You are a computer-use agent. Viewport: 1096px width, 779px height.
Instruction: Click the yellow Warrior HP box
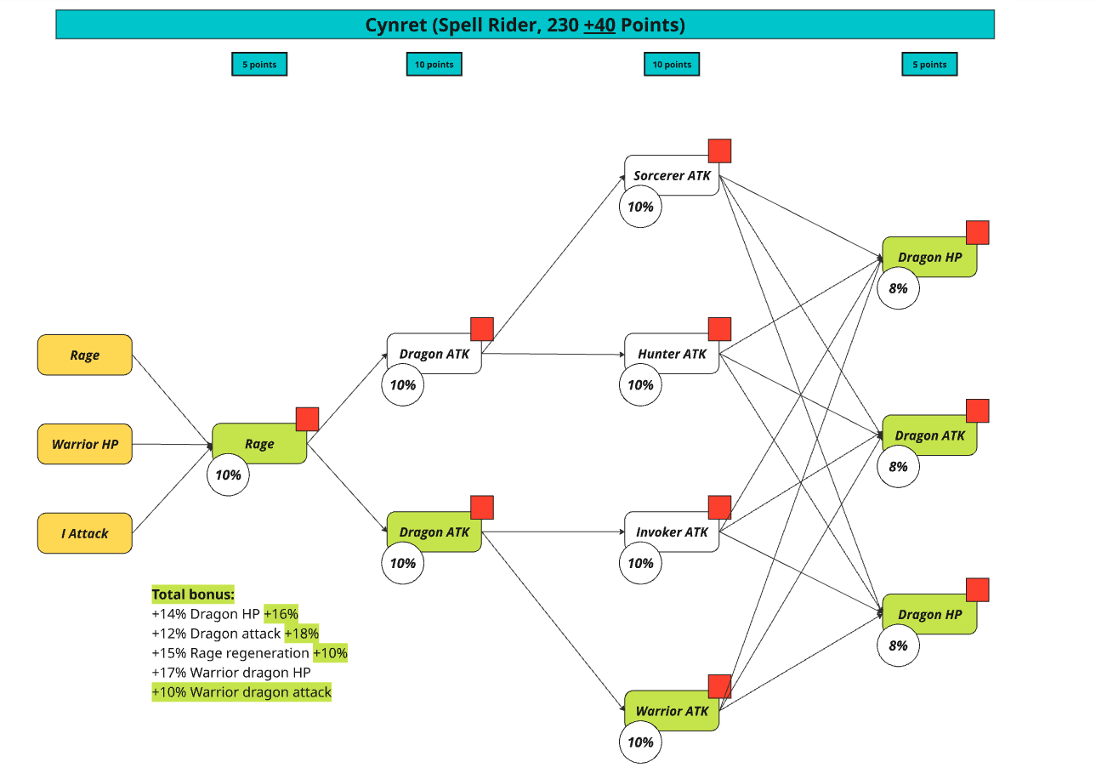tap(84, 444)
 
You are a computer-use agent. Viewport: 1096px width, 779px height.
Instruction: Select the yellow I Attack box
tap(84, 533)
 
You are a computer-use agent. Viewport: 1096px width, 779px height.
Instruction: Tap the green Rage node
tap(259, 443)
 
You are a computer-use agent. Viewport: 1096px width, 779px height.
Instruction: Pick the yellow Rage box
tap(84, 355)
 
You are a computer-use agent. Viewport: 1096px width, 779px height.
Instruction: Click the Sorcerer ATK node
tap(672, 175)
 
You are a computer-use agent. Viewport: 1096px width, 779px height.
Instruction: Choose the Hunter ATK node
tap(672, 354)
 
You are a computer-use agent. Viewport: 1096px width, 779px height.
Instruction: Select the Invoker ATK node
tap(672, 532)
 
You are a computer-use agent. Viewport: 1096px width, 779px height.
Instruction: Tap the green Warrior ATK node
tap(672, 710)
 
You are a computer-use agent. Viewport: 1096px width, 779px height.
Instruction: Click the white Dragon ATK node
tap(434, 354)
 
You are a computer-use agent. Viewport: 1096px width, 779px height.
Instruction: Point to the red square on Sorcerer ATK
tap(719, 151)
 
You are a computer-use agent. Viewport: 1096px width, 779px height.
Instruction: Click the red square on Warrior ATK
tap(719, 686)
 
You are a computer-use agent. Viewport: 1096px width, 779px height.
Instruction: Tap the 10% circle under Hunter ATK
tap(640, 385)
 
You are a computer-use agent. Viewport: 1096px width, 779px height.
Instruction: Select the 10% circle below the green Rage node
tap(228, 475)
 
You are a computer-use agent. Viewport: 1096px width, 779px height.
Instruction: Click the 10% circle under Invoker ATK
tap(640, 563)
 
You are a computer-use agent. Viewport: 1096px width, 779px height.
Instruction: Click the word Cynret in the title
tap(395, 26)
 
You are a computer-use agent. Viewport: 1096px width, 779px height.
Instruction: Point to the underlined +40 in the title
tap(599, 26)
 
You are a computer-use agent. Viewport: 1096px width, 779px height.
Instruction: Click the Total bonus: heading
tap(193, 594)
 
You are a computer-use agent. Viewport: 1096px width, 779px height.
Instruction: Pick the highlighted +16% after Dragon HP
tap(281, 614)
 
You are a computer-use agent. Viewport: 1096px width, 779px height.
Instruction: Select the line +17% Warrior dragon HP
tap(231, 673)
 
